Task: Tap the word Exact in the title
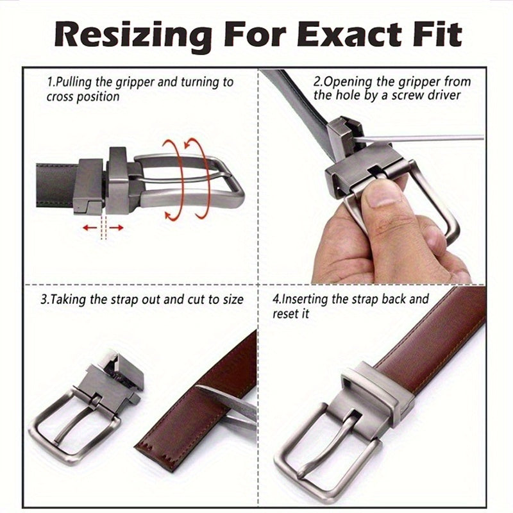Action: click(349, 34)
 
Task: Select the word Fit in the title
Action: click(437, 34)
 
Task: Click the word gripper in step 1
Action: click(135, 82)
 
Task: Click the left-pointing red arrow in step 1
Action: click(90, 228)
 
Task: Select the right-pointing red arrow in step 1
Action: click(116, 228)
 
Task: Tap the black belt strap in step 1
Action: click(56, 184)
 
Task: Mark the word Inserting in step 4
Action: click(305, 300)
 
